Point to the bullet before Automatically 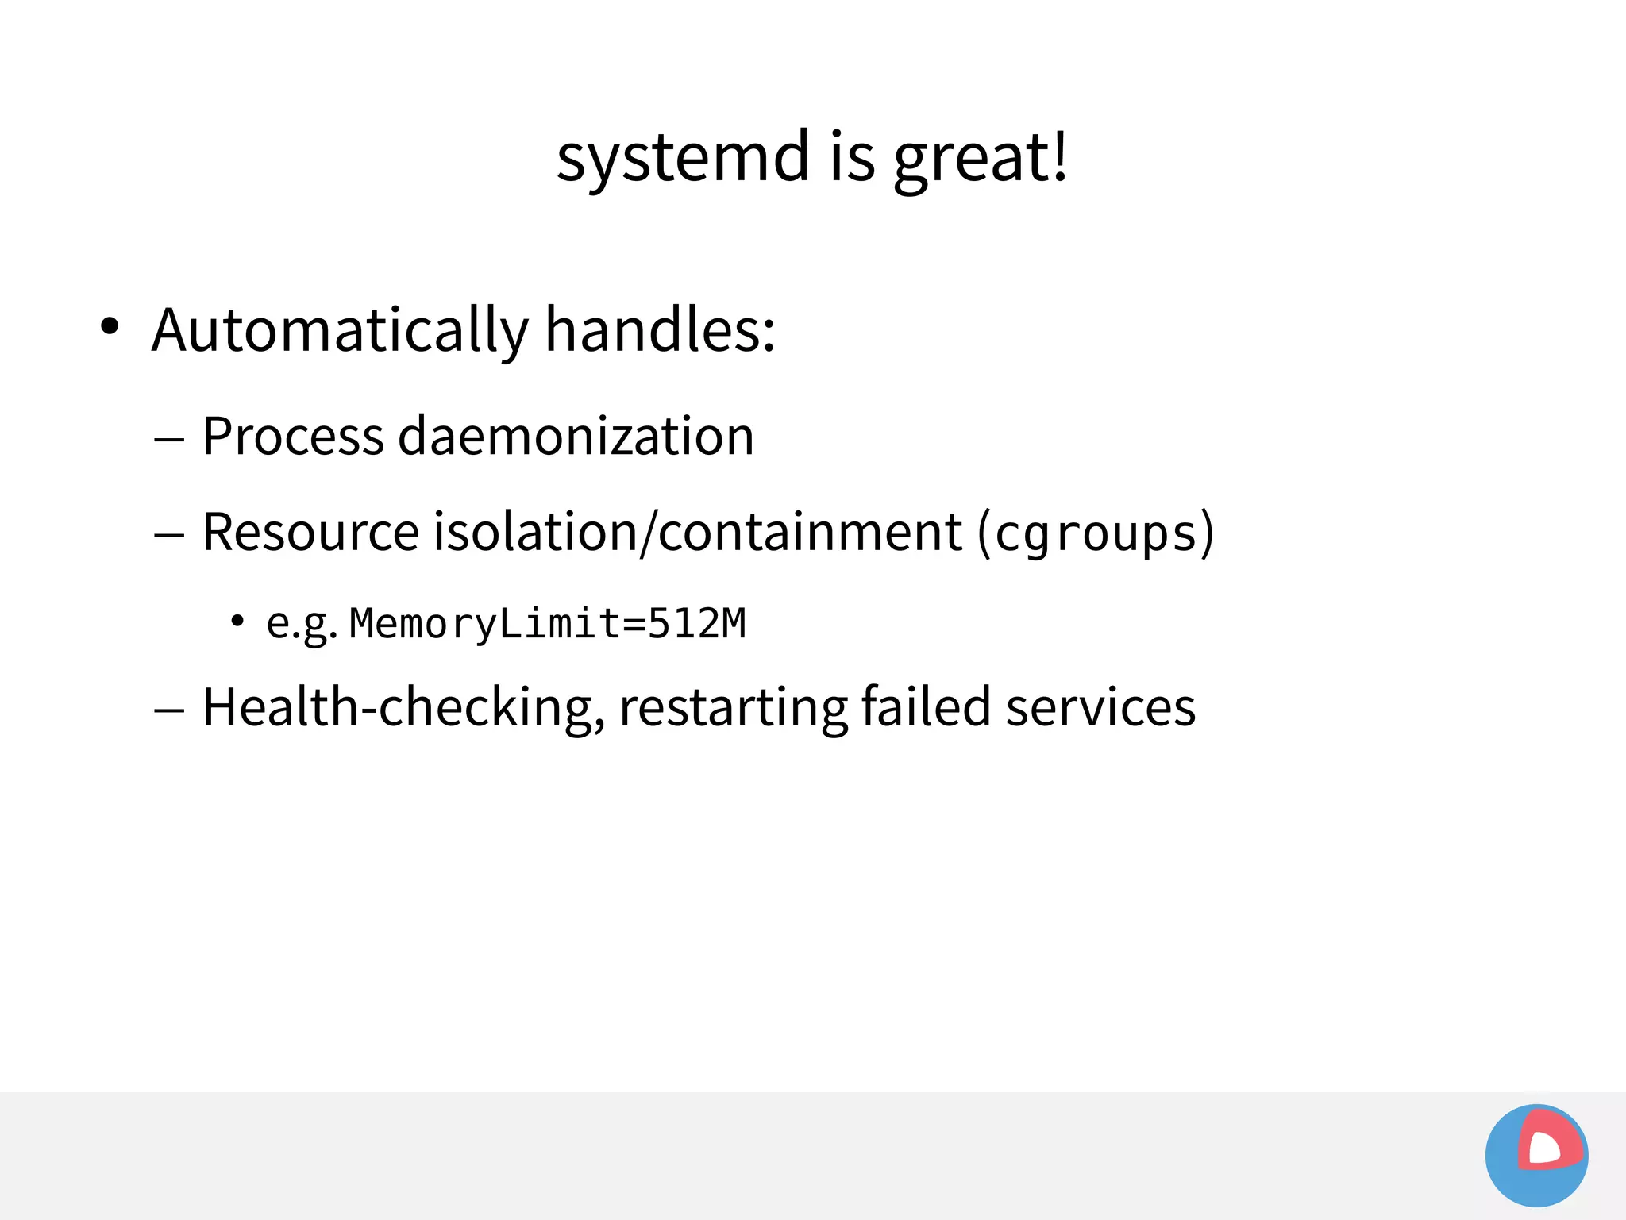coord(110,326)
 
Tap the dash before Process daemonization coord(169,439)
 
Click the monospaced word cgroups coord(1096,533)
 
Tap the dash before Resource coord(169,535)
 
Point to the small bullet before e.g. coord(237,621)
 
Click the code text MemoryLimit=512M coord(548,623)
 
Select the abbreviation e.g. coord(301,624)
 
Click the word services coord(1100,707)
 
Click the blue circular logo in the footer coord(1536,1156)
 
